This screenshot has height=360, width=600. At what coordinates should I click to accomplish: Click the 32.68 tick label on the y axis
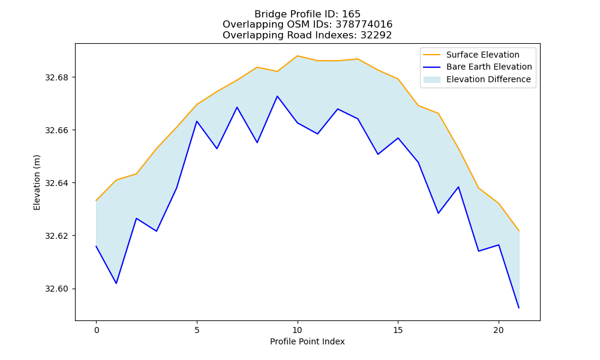coord(56,77)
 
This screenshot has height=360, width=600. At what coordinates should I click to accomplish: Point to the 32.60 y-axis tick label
coord(56,289)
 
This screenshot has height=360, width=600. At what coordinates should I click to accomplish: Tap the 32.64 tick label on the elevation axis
coord(56,183)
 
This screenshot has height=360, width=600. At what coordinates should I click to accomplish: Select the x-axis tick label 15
coord(398,330)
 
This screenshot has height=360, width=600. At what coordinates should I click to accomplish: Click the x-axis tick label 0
coord(97,330)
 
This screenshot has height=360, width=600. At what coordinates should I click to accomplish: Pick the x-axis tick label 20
coord(499,330)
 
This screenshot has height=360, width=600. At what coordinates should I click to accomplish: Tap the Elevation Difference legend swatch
coord(431,80)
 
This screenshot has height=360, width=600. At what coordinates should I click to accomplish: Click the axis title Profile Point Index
coord(307,341)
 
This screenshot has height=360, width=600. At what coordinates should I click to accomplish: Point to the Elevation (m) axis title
coord(37,182)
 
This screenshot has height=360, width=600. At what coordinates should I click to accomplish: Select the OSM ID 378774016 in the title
coord(364,25)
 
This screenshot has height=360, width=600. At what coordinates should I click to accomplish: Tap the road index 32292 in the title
coord(376,35)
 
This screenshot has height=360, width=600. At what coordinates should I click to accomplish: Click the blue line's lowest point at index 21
coord(519,308)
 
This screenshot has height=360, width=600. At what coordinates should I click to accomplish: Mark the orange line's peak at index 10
coord(298,56)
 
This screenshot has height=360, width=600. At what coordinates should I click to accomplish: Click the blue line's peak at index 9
coord(277,96)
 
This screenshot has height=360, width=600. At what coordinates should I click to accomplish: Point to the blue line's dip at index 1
coord(116,283)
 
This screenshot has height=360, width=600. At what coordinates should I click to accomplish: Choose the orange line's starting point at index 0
coord(96,200)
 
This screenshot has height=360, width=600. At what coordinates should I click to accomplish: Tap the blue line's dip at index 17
coord(438,213)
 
